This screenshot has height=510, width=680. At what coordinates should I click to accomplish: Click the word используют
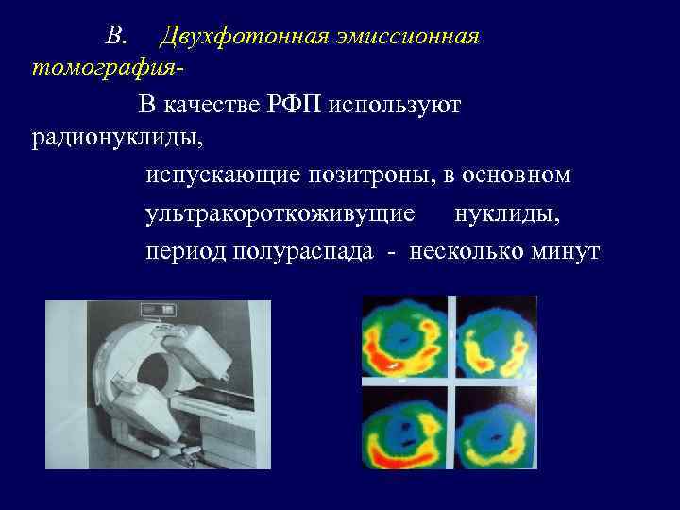[x=396, y=105]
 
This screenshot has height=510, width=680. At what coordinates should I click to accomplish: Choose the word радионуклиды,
[x=117, y=138]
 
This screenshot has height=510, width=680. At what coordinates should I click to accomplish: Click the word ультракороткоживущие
[x=280, y=214]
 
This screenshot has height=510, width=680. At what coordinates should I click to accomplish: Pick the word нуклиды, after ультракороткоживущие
[x=507, y=214]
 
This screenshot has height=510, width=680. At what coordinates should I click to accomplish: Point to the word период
[x=182, y=252]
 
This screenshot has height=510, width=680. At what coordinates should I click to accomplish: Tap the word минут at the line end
[x=565, y=252]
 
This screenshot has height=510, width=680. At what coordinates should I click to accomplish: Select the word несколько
[x=464, y=252]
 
